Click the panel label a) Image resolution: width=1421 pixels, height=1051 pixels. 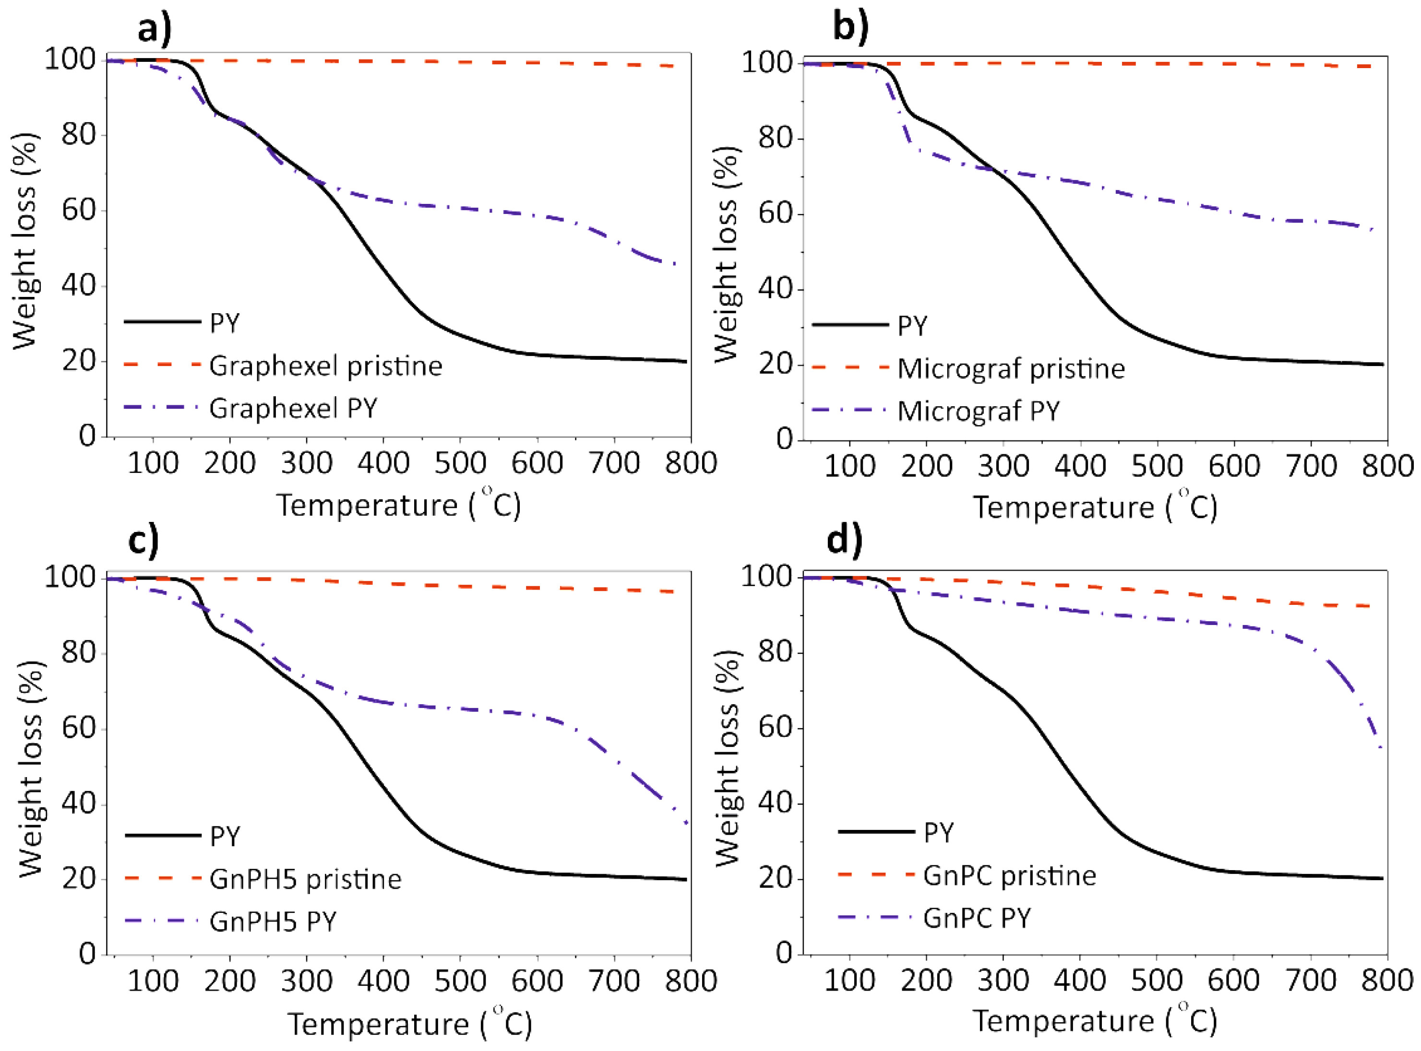(x=155, y=29)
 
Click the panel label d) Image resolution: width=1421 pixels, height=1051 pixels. (x=845, y=540)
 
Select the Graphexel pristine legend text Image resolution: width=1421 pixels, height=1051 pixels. (x=325, y=366)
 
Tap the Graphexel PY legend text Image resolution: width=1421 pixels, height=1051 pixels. (x=293, y=408)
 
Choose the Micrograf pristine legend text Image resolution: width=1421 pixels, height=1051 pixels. (x=1011, y=369)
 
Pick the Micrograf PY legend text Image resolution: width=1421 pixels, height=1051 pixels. (x=979, y=411)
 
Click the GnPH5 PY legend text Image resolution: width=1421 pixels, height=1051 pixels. (x=273, y=921)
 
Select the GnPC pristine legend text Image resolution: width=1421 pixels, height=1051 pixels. (x=1010, y=876)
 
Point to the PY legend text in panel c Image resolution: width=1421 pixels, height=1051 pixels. (x=225, y=837)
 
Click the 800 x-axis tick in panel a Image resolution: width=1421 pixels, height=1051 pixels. (x=691, y=462)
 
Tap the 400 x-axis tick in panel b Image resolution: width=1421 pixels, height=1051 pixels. (x=1080, y=466)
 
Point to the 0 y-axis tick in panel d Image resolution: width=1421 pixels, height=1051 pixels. (x=784, y=953)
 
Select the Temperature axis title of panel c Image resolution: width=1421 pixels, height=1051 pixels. (x=409, y=1024)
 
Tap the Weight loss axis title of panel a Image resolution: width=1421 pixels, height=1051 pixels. (x=25, y=242)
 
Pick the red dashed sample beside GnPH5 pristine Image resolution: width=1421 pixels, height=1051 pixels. (x=163, y=879)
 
